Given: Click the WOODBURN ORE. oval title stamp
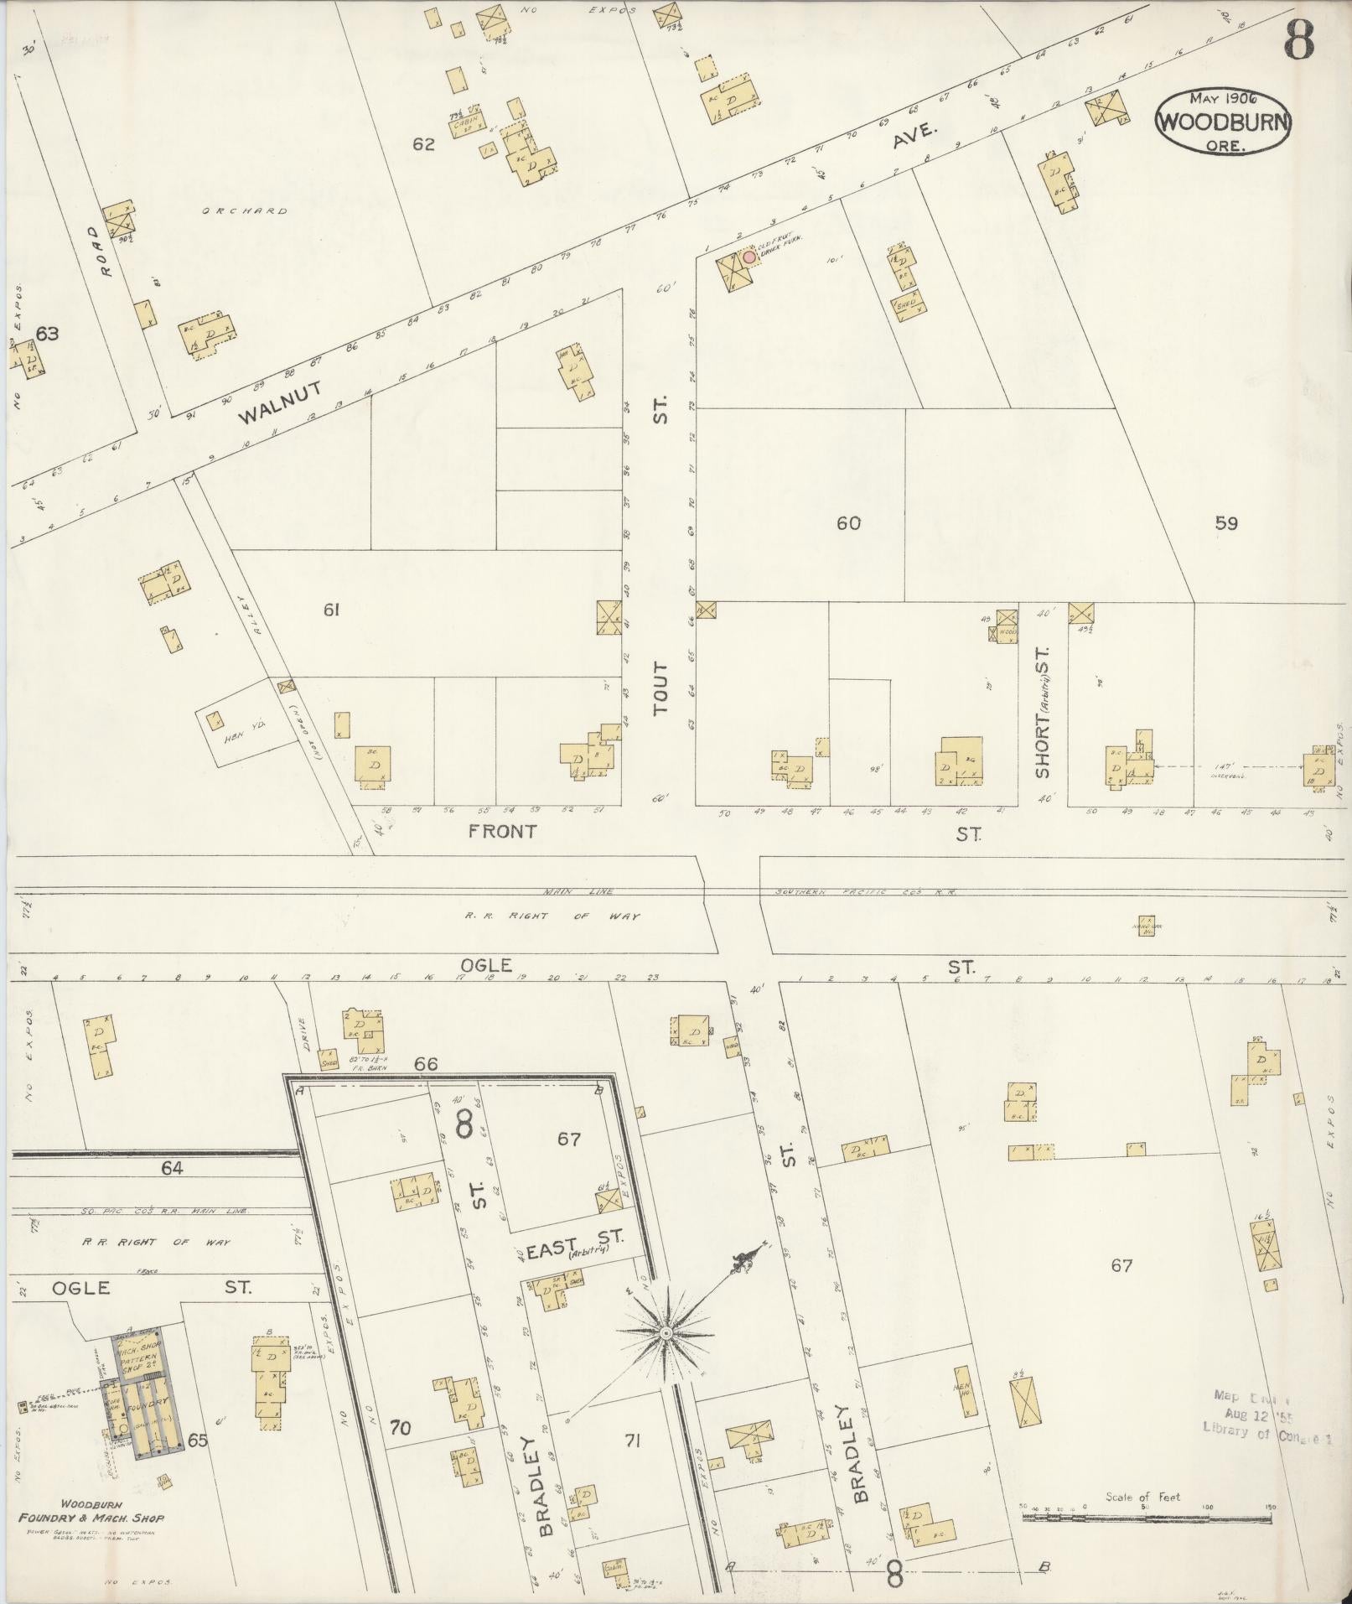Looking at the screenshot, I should pos(1223,120).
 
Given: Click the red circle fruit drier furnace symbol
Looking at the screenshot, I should pos(749,257).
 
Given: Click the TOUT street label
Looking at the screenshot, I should pos(662,688).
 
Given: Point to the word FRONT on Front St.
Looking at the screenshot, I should pos(501,831).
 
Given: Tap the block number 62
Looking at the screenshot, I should pos(423,144).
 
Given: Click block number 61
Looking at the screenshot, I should pos(331,610).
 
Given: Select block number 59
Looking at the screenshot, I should pos(1226,523).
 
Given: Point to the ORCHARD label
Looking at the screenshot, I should pos(246,211).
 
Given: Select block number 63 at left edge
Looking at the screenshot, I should pos(47,334).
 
